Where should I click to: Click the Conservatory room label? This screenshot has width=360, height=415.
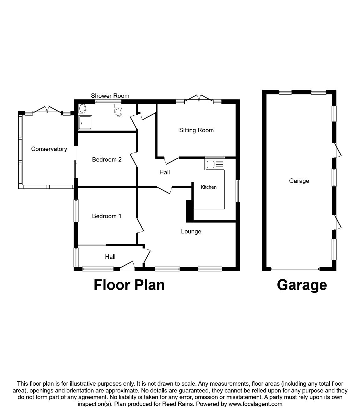click(x=49, y=149)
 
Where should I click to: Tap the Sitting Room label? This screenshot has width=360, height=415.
click(x=196, y=130)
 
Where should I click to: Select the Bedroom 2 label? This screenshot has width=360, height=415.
click(x=107, y=160)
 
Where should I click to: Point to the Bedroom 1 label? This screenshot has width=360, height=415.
click(x=107, y=216)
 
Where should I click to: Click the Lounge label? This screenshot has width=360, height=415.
click(x=191, y=232)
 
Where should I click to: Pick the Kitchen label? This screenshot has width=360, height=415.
click(x=208, y=187)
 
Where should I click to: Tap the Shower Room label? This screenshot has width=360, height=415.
click(x=110, y=96)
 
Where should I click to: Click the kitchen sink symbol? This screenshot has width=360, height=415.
click(x=214, y=164)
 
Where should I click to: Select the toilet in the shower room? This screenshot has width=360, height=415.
click(x=119, y=110)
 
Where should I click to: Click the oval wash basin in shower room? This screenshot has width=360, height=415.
click(x=83, y=108)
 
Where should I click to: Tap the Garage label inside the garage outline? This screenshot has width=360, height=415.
click(x=299, y=181)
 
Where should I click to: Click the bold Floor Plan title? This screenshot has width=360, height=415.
click(x=129, y=285)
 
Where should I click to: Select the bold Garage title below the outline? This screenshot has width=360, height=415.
click(x=302, y=285)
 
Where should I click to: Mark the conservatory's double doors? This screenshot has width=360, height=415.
click(x=47, y=110)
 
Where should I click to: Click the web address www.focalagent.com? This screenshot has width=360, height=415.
click(x=255, y=404)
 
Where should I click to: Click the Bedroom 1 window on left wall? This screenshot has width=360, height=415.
click(x=76, y=211)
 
